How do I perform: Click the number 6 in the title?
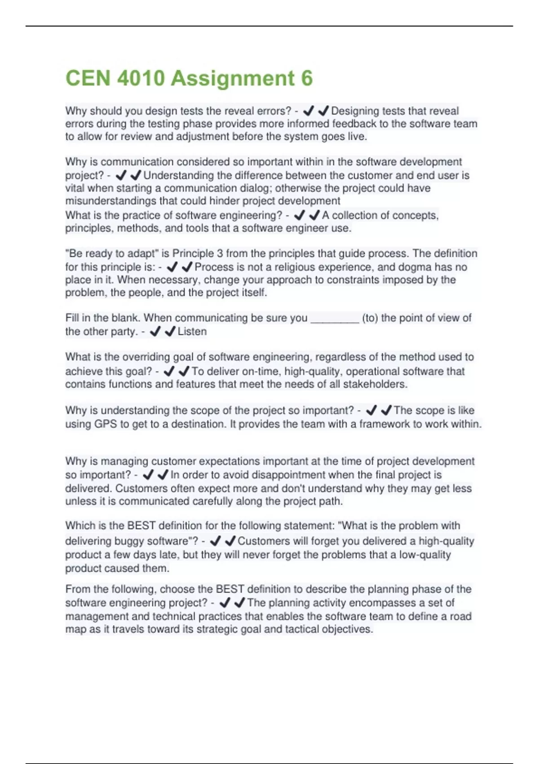coord(307,78)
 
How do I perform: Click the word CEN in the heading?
coord(88,78)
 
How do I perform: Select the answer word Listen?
coord(192,332)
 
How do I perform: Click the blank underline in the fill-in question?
coord(335,319)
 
